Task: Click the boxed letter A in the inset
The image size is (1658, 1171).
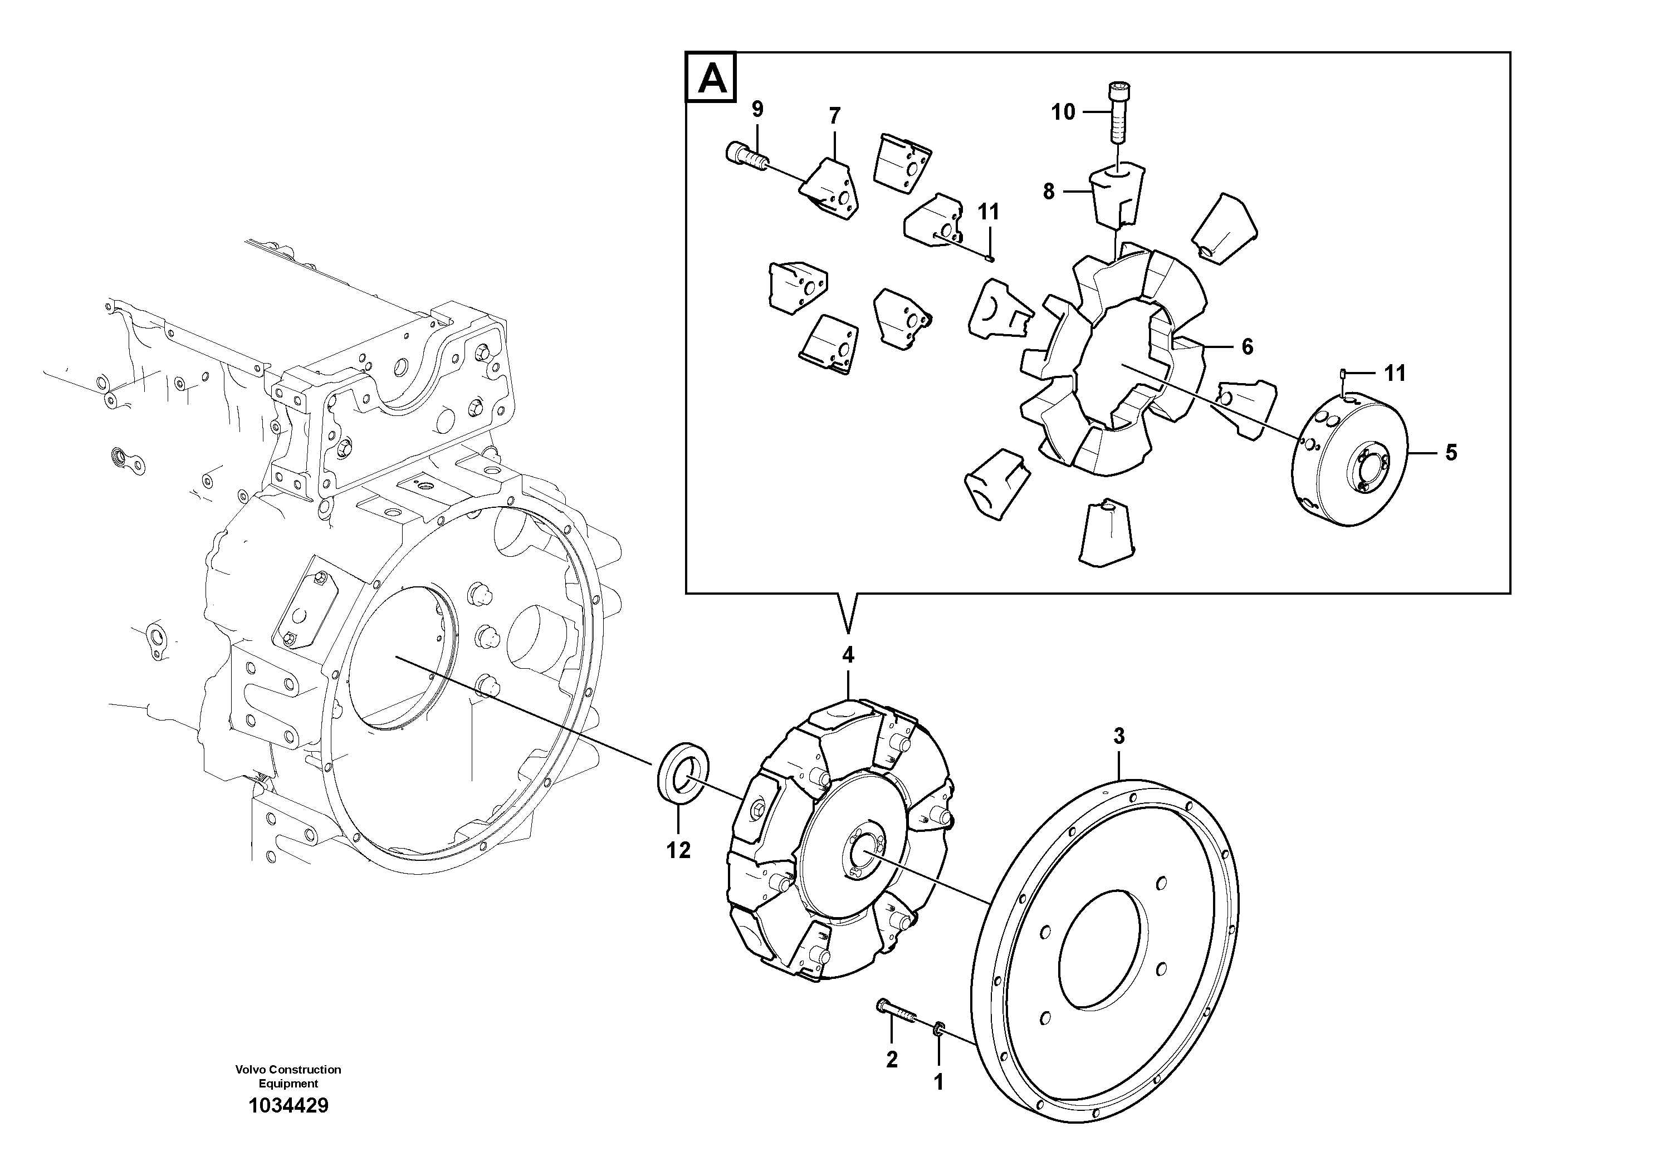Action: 711,77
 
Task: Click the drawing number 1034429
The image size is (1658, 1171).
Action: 288,1105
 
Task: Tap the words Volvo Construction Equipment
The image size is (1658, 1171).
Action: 288,1076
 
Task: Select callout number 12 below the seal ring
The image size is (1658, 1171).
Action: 679,850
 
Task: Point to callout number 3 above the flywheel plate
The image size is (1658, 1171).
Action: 1118,737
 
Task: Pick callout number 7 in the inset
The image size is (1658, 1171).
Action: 834,115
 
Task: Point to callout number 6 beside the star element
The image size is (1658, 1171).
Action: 1247,347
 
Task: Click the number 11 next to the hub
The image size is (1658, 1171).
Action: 1395,373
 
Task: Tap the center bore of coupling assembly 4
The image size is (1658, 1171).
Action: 863,854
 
